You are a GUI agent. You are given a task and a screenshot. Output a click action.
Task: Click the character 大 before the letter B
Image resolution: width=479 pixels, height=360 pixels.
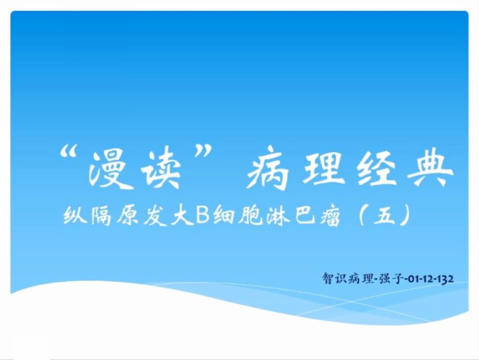tap(182, 215)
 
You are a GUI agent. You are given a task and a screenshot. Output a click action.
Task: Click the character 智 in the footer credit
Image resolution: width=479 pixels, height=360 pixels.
tap(329, 279)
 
